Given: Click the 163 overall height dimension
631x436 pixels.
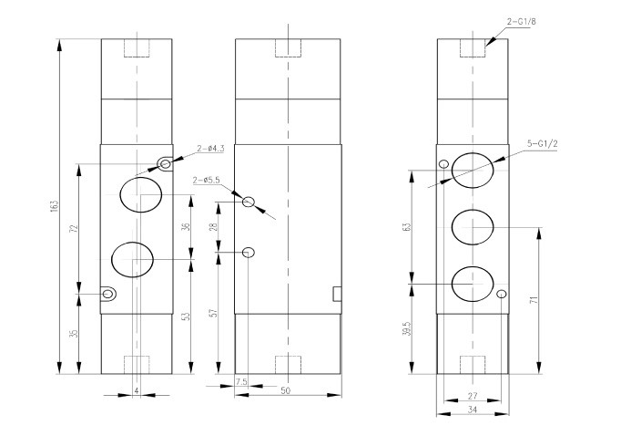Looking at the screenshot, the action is click(x=56, y=205).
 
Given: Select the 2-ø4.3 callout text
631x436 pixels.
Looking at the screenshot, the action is click(x=210, y=149).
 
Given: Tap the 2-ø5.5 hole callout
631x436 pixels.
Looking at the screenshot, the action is click(x=207, y=180).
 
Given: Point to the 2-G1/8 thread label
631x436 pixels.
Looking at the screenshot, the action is click(x=521, y=21).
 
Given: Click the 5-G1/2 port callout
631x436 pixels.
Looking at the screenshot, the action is click(x=543, y=143).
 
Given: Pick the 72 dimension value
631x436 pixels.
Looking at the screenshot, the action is click(x=73, y=228).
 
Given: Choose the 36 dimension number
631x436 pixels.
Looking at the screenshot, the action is click(x=186, y=226).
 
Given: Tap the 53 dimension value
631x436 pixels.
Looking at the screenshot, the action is click(x=186, y=317).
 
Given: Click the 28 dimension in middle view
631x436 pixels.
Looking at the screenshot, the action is click(x=215, y=226).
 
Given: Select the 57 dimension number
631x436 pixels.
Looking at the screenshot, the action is click(x=215, y=313).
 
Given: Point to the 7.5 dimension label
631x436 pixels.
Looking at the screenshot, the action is click(x=241, y=381).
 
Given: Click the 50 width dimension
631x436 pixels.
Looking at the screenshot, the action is click(x=285, y=390).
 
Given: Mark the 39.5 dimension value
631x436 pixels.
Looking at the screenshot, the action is click(x=407, y=328).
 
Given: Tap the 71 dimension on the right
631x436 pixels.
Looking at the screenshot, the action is click(x=534, y=300).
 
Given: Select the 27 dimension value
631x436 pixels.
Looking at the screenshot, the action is click(x=473, y=397).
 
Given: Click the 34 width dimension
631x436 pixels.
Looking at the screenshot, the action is click(x=473, y=410).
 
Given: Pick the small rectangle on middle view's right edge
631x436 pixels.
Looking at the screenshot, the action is click(x=337, y=294).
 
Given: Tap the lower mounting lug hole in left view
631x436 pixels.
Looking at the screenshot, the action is click(x=107, y=294).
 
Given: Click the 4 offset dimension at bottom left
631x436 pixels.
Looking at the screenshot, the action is click(x=137, y=390).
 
